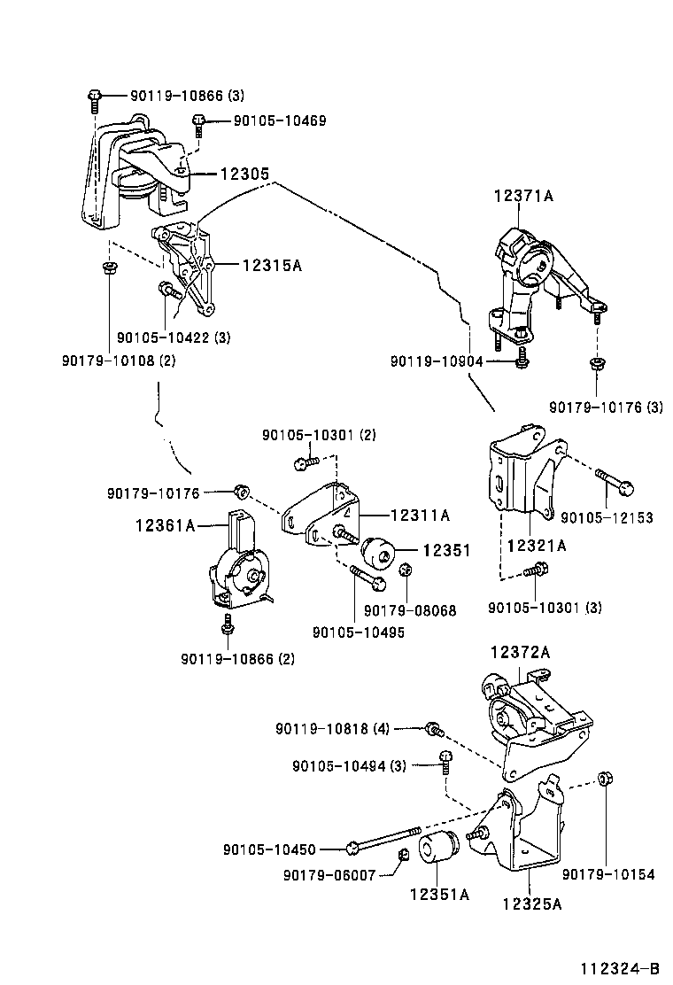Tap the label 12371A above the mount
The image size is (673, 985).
click(x=522, y=197)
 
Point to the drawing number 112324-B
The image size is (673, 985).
click(x=620, y=968)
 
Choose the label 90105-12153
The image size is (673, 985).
click(x=607, y=517)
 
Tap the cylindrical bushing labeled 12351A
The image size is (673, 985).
click(x=438, y=849)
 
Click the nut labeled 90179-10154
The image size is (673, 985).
click(x=606, y=779)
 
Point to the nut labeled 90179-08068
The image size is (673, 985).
click(x=406, y=570)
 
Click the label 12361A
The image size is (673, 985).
click(x=164, y=526)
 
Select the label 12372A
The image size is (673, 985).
click(x=521, y=652)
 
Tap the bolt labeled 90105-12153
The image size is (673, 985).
click(x=614, y=481)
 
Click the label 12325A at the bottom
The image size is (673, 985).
click(x=531, y=904)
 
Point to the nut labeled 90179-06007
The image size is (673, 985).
click(x=402, y=853)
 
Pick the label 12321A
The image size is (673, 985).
click(x=536, y=546)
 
